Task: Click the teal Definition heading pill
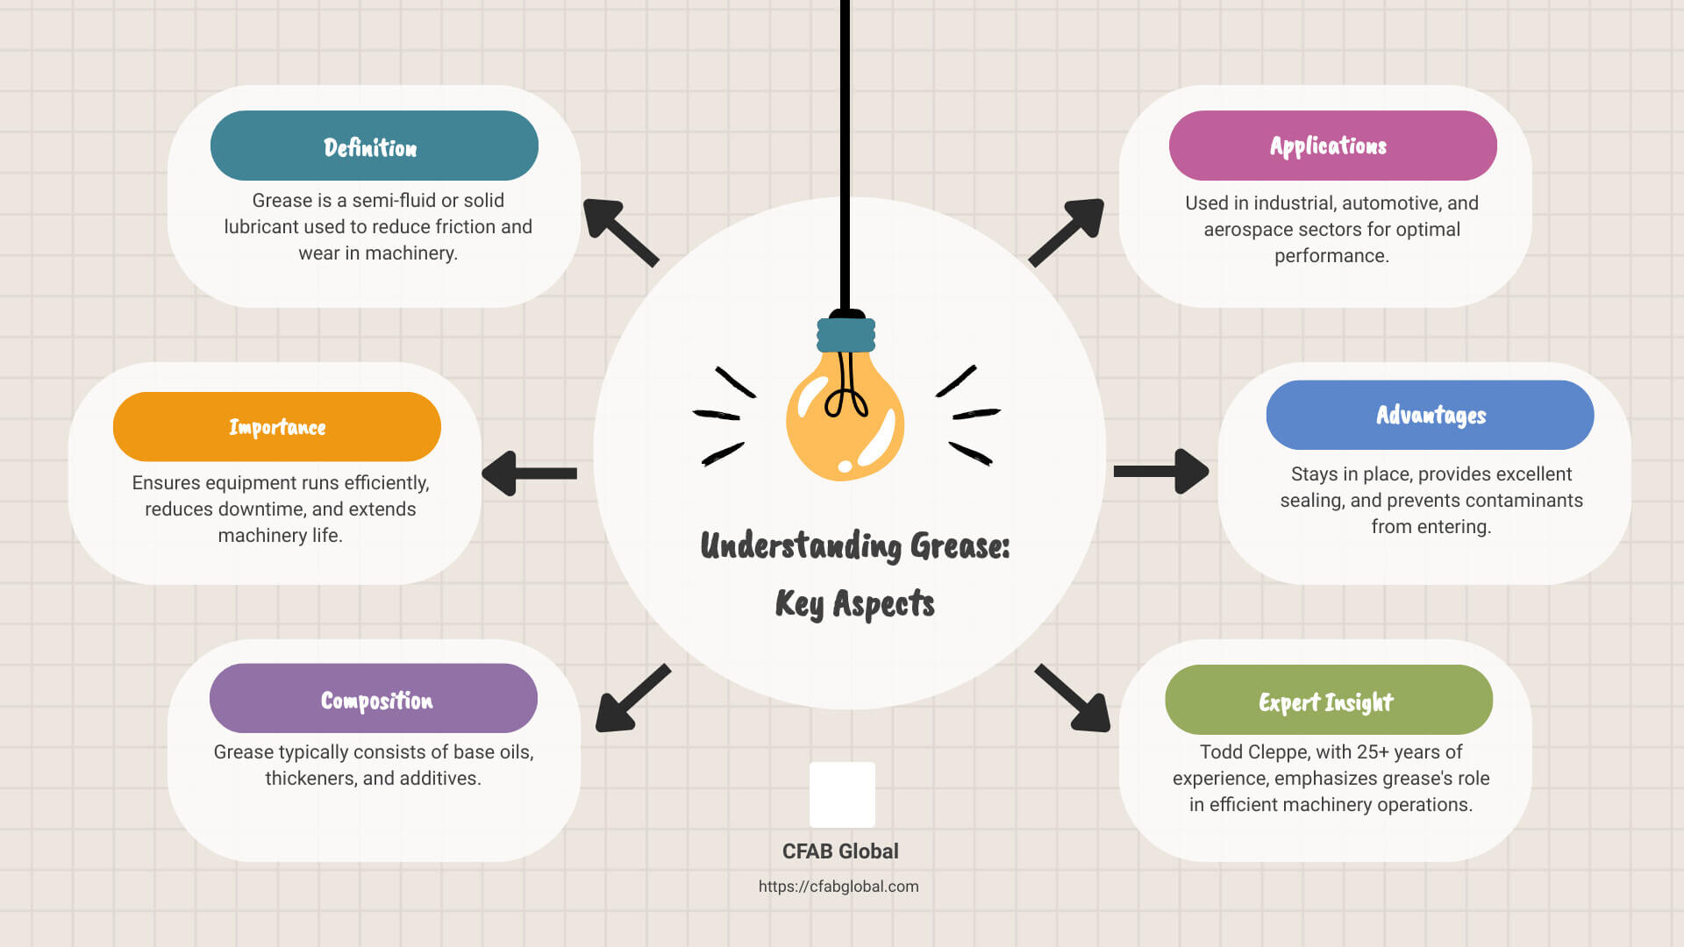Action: pyautogui.click(x=375, y=146)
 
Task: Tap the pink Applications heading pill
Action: pyautogui.click(x=1333, y=146)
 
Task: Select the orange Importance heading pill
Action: pyautogui.click(x=277, y=427)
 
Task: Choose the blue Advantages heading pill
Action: pyautogui.click(x=1431, y=415)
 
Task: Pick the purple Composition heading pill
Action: pyautogui.click(x=374, y=698)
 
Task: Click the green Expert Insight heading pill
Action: pyautogui.click(x=1329, y=700)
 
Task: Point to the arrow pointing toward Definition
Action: pyautogui.click(x=620, y=232)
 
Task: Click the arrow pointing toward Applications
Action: pyautogui.click(x=1067, y=232)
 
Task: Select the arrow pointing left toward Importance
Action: pyautogui.click(x=530, y=473)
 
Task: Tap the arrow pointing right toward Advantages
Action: pyautogui.click(x=1161, y=472)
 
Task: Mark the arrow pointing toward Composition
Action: pyautogui.click(x=633, y=698)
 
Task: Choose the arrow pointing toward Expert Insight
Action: pyautogui.click(x=1073, y=698)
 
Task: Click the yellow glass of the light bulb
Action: pyautogui.click(x=845, y=417)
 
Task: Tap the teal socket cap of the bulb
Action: pyautogui.click(x=846, y=334)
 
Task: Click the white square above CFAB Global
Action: pyautogui.click(x=842, y=794)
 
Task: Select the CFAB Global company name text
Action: pyautogui.click(x=840, y=851)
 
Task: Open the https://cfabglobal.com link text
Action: pyautogui.click(x=838, y=886)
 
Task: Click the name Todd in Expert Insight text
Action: pyautogui.click(x=1221, y=752)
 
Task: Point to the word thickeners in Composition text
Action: pyautogui.click(x=310, y=779)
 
